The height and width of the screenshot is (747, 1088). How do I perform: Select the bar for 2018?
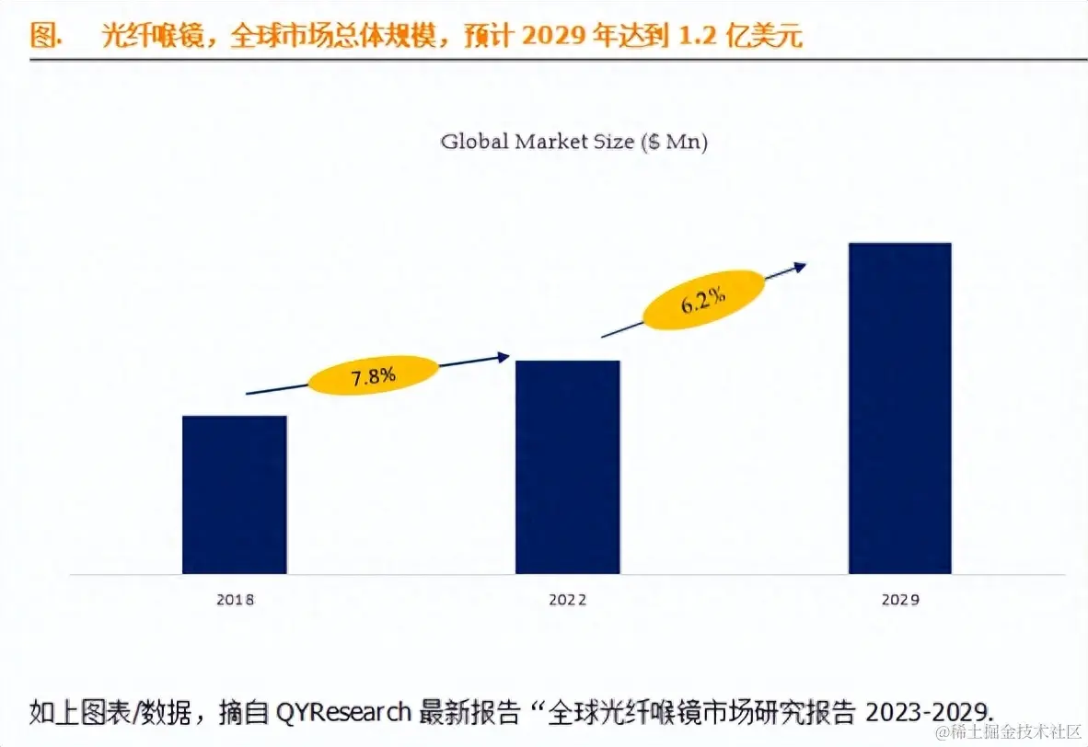(x=235, y=495)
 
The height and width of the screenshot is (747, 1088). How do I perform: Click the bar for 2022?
(x=567, y=467)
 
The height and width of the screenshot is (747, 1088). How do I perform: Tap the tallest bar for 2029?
(x=899, y=408)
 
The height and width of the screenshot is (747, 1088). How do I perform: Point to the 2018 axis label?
(x=235, y=600)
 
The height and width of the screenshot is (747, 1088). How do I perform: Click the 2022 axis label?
(x=567, y=600)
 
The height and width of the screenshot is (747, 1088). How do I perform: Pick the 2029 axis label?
(x=899, y=600)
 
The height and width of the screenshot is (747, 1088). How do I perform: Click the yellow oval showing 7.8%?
(x=373, y=375)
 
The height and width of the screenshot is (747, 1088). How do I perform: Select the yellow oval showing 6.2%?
(x=703, y=300)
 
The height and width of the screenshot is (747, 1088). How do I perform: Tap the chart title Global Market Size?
(x=538, y=142)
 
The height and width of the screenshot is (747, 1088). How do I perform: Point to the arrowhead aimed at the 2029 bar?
(x=800, y=266)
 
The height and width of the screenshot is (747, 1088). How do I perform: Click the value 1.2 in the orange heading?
(x=697, y=36)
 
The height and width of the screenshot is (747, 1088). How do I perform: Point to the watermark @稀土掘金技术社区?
(x=1007, y=731)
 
